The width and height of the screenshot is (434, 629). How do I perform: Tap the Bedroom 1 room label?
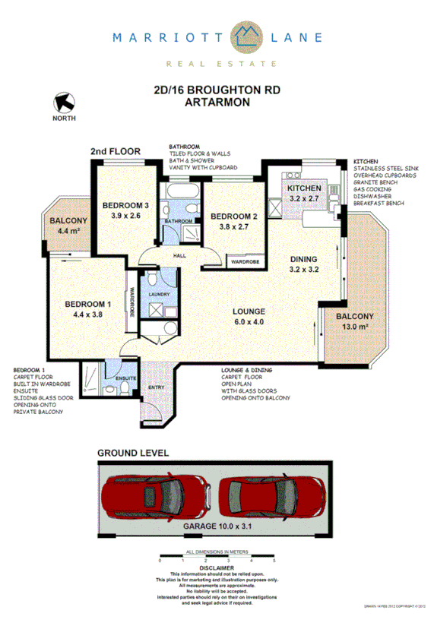tap(88, 305)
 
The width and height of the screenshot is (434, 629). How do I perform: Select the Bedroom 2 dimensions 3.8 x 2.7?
tap(234, 226)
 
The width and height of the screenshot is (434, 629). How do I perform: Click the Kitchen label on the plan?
tap(304, 188)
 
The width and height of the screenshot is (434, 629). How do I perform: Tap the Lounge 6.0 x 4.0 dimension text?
tap(249, 322)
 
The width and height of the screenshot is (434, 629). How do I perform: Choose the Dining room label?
tap(304, 259)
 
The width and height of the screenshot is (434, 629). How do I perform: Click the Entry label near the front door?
tap(156, 387)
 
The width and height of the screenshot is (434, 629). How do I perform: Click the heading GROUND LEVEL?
tap(133, 453)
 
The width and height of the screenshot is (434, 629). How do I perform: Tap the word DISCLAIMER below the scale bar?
tap(217, 567)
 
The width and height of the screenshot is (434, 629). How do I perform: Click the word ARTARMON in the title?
tap(217, 101)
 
